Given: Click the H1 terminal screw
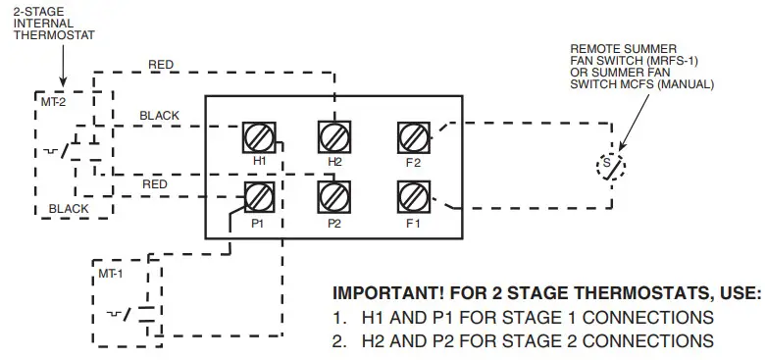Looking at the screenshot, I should [x=259, y=137].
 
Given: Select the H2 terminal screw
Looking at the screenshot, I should [x=334, y=137].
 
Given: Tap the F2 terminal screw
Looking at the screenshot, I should [x=410, y=137].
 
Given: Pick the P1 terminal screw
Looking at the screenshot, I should [x=259, y=198].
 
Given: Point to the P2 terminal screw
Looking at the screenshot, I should [x=334, y=198].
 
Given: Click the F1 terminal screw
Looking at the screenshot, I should [x=410, y=198].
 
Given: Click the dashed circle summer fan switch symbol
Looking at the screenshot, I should [x=610, y=166].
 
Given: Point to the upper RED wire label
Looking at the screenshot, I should [x=162, y=66].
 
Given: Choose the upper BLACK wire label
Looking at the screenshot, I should [x=160, y=116].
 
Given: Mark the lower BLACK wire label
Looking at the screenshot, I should [x=69, y=208].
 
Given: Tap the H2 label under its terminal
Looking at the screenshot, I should [x=334, y=161].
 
